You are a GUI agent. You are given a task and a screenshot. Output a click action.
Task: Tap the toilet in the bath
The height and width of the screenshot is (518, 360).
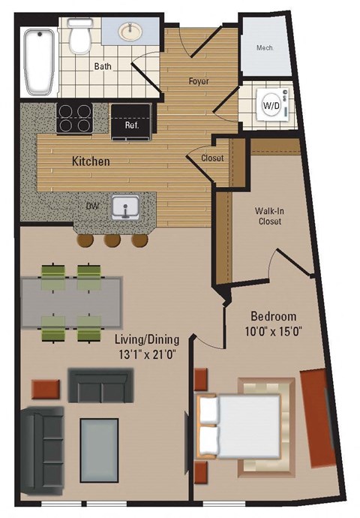tap(79, 35)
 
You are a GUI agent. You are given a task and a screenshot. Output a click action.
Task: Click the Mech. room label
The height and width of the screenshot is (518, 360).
tap(265, 47)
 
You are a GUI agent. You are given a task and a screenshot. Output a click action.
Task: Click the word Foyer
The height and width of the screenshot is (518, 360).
tap(199, 80)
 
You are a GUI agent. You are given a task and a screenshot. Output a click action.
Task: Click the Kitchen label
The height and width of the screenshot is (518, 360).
tap(91, 161)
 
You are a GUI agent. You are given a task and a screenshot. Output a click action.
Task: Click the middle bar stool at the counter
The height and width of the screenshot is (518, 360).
tap(113, 239)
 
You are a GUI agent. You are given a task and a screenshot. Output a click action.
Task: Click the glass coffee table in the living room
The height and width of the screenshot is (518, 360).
tap(99, 444)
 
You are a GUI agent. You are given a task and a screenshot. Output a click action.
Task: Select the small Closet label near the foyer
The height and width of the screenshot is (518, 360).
tap(212, 158)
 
